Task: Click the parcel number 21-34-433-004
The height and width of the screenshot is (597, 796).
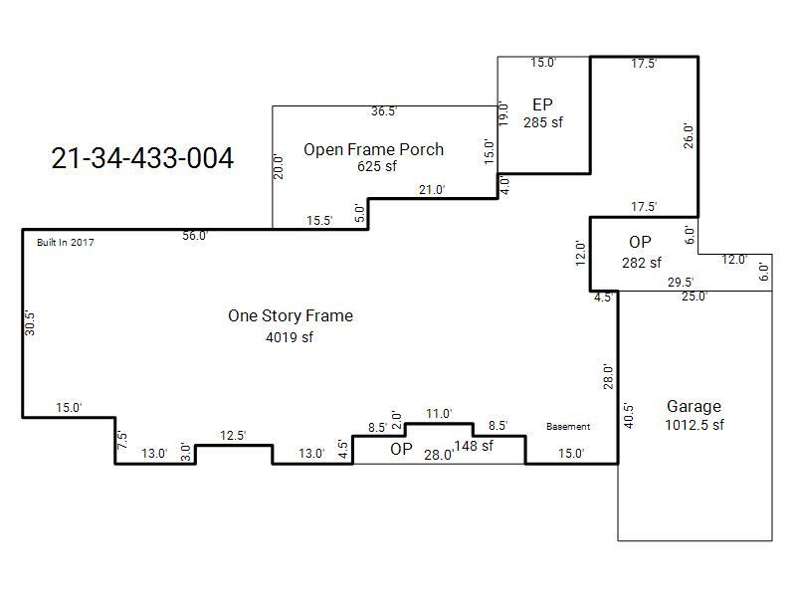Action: (142, 158)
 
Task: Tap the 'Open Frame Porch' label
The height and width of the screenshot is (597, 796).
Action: (374, 149)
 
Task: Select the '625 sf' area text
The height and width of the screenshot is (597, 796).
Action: (377, 166)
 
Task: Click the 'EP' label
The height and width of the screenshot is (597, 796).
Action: (542, 104)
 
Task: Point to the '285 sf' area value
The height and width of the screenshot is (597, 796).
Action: (543, 122)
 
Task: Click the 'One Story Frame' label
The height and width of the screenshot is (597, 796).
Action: (291, 315)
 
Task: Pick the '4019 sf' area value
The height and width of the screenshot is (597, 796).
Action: (290, 337)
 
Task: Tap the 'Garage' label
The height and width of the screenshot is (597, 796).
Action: (694, 406)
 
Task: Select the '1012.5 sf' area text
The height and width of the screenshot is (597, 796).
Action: (695, 425)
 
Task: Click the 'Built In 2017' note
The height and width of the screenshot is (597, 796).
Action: (66, 242)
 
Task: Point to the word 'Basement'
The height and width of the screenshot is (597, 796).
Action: (568, 427)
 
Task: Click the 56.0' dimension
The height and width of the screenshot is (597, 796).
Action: (195, 236)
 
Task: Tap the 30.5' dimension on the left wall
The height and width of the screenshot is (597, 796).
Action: (30, 323)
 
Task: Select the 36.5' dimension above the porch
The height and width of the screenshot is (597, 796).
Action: (384, 111)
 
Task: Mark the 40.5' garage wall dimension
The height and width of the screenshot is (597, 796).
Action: (629, 416)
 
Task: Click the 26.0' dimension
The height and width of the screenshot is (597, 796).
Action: (689, 135)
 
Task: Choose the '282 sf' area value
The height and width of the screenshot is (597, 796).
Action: (642, 263)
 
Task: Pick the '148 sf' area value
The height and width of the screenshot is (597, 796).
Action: (474, 446)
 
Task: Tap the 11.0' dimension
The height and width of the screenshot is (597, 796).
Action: (439, 414)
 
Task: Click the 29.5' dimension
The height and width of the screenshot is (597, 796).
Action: (681, 283)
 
